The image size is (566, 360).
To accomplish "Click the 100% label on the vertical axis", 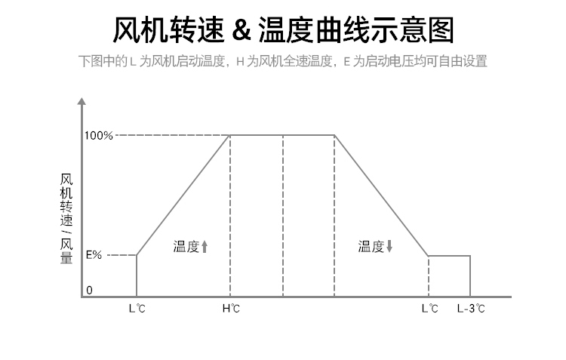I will point(98,136).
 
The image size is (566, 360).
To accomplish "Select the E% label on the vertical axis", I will point(94,255).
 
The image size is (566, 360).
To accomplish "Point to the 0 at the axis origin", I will point(89,291).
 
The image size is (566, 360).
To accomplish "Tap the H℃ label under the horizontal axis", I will point(231,308).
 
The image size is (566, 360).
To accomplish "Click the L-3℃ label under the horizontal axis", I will point(471,308).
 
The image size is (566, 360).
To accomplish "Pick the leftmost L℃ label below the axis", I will point(137,308).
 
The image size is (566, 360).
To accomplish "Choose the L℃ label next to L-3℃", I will point(429,308).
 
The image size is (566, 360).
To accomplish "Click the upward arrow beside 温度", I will point(205,247).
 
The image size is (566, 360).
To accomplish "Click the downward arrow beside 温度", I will point(390,247).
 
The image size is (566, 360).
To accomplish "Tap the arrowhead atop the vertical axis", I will point(82,100).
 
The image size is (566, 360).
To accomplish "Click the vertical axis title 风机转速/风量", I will point(66,219).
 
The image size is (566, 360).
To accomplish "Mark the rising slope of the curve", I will point(183,195).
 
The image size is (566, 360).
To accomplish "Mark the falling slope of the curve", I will point(381,195).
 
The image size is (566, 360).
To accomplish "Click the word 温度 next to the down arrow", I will point(371,247).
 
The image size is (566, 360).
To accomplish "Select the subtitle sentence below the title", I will point(283,61).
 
